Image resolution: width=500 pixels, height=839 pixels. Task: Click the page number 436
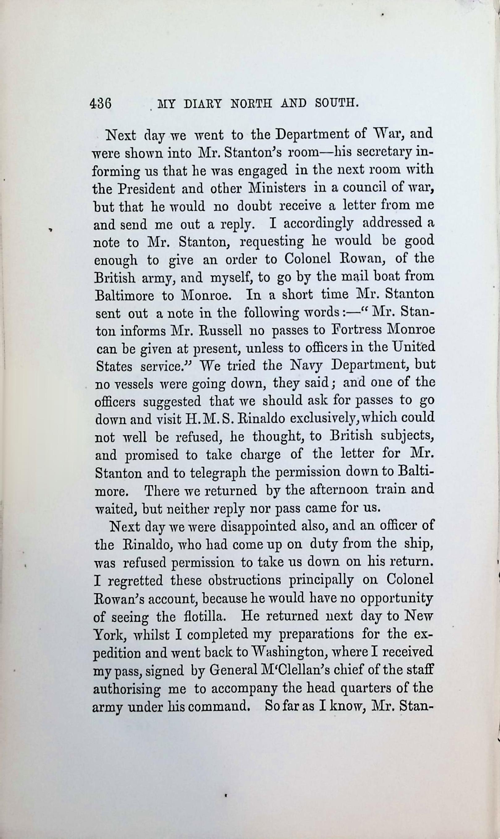click(x=100, y=104)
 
